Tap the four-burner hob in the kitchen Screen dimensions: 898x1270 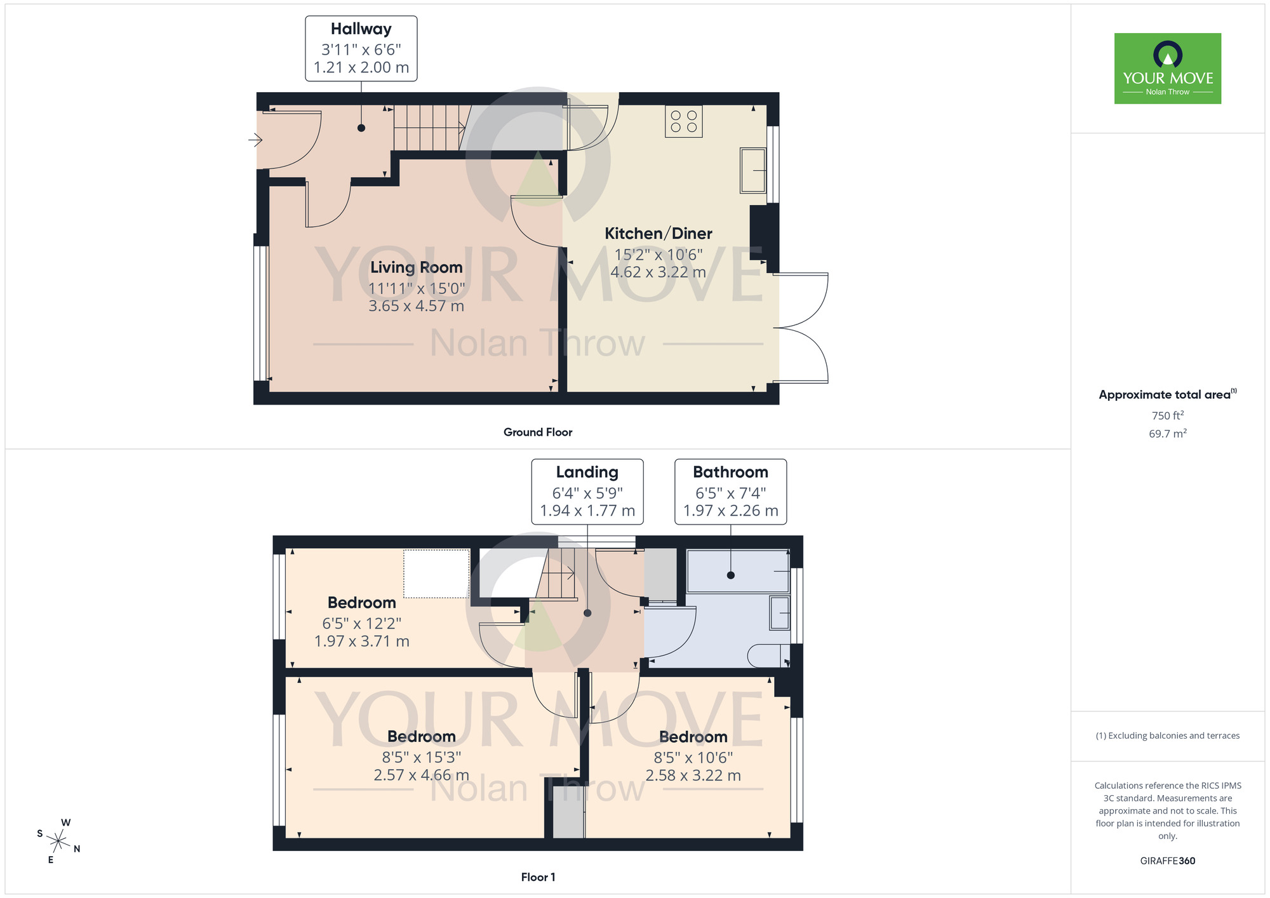pos(683,121)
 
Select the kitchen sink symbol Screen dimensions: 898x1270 pos(752,170)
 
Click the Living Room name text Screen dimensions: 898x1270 pos(416,267)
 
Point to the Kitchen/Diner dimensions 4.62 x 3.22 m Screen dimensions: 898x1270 pos(658,272)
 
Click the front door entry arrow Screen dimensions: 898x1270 pos(255,139)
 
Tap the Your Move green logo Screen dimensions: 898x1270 pos(1167,69)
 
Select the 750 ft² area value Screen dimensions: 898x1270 pos(1167,415)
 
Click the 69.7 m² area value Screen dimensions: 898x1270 pos(1167,434)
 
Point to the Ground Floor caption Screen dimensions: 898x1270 pos(537,432)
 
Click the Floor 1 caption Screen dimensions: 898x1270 pos(537,877)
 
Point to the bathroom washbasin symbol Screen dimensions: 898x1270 pos(779,613)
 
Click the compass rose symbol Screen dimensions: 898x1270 pos(58,841)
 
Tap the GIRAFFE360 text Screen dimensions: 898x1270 pos(1167,861)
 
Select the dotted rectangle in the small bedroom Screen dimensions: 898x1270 pos(436,573)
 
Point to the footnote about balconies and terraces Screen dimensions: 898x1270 pos(1167,735)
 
